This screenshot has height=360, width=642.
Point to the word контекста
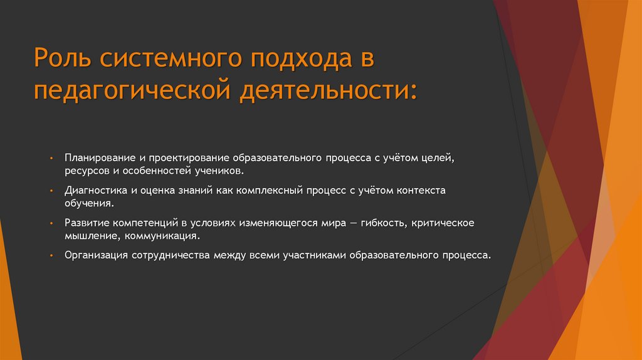coord(422,190)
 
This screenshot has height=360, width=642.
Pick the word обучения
coord(88,204)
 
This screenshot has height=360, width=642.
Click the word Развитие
coord(84,224)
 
